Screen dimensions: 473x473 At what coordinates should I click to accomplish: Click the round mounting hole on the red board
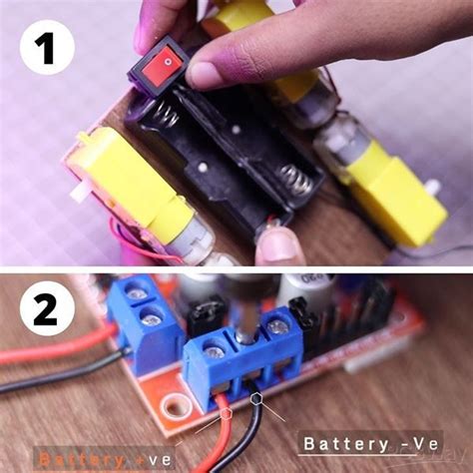pyautogui.click(x=178, y=406)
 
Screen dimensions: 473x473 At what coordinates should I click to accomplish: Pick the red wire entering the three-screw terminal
pyautogui.click(x=219, y=419)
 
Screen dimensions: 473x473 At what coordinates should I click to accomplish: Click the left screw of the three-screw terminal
pyautogui.click(x=213, y=348)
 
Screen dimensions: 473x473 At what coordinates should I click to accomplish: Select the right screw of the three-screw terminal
pyautogui.click(x=277, y=323)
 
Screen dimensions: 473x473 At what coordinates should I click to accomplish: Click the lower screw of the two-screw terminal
pyautogui.click(x=151, y=318)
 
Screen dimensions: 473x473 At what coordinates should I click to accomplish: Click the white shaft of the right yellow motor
pyautogui.click(x=431, y=188)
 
